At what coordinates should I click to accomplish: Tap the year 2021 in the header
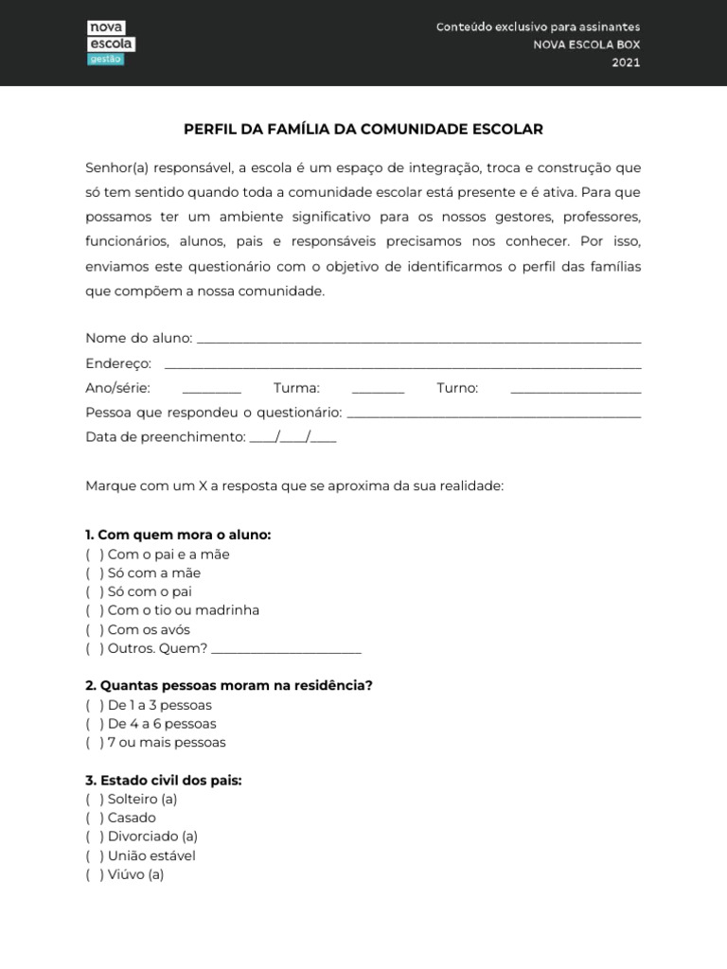pos(626,62)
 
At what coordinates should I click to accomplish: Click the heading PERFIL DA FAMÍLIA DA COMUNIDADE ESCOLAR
pos(363,129)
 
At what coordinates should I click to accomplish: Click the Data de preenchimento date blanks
pos(293,438)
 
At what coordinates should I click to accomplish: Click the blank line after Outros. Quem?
pos(286,650)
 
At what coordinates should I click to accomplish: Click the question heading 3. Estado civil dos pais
pos(164,781)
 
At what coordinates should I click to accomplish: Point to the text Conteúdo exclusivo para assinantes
pos(538,26)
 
